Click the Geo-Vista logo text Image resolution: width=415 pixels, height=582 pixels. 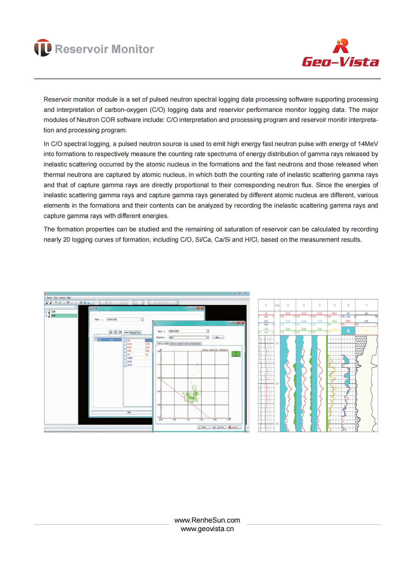click(340, 62)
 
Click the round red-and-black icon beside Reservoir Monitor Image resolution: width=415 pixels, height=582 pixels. click(42, 48)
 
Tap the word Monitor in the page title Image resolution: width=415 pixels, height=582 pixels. click(132, 49)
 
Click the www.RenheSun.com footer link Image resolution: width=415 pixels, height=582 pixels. click(207, 520)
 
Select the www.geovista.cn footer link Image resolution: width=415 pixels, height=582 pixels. click(207, 529)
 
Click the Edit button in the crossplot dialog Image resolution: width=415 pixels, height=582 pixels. click(217, 337)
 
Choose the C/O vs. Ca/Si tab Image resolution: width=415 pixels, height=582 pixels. click(177, 344)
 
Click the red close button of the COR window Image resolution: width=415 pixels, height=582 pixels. click(201, 308)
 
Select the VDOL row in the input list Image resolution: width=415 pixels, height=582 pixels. click(130, 365)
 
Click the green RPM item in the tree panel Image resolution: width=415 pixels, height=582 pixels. click(54, 316)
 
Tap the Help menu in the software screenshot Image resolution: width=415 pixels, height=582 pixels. click(69, 298)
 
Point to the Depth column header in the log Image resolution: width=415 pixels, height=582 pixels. click(277, 305)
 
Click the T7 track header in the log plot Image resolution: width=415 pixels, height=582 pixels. click(367, 305)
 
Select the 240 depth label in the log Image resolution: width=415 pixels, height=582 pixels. click(277, 384)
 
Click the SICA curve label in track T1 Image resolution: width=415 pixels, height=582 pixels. click(266, 321)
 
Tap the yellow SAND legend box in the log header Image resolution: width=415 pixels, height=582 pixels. click(366, 331)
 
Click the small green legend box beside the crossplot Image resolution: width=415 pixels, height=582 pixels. click(236, 354)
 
